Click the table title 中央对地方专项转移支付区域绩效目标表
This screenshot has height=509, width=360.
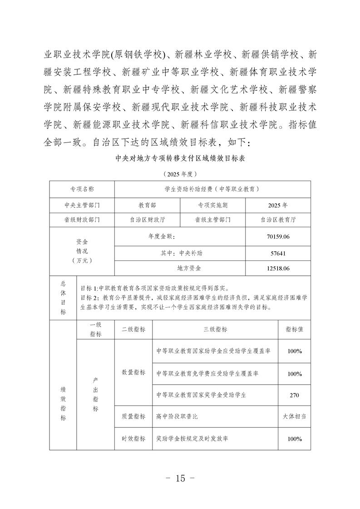coord(180,158)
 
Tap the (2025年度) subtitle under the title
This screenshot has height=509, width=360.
coord(180,174)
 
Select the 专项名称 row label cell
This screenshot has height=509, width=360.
coord(82,189)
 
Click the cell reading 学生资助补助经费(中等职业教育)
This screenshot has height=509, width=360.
coord(212,189)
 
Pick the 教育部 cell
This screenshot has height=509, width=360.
coord(147,205)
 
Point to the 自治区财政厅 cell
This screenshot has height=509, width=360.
coord(147,220)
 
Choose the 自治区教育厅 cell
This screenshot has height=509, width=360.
coord(278,220)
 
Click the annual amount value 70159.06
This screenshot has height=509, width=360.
coord(278,237)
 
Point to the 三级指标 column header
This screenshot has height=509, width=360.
coord(215,329)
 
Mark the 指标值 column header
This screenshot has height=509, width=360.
coord(294,329)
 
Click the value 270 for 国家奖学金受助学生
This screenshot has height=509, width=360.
coord(294,395)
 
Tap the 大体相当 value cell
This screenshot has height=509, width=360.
coord(294,416)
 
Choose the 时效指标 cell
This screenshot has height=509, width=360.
coord(133,439)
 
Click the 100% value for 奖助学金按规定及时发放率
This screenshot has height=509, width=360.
coord(294,439)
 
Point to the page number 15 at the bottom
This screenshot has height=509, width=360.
coord(180,478)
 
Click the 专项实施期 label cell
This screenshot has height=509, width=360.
coord(212,205)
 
